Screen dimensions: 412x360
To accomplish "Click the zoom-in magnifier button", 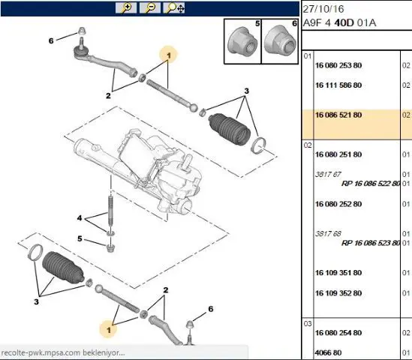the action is coord(126,8).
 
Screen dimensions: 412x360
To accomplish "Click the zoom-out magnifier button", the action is coord(150,8).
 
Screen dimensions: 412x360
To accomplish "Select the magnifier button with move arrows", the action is coord(174,8).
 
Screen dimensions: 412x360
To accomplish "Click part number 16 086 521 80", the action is coord(338,115).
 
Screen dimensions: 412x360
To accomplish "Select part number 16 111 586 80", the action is coord(338,85).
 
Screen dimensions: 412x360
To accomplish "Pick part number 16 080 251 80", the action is coord(338,154).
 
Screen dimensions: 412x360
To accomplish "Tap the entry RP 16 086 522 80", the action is coord(371,184).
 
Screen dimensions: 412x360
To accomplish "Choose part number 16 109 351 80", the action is coord(338,273).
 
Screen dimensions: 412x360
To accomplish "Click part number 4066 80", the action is coord(328,352).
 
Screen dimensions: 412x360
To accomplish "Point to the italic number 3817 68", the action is coord(328,234).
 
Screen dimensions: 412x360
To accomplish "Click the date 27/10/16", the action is coord(323,9).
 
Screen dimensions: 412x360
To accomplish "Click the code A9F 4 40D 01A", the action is coord(339,23).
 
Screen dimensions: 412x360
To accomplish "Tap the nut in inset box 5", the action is coord(242,43).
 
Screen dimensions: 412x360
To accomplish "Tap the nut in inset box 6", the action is coord(280,40).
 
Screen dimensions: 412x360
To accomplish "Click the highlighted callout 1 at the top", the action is coord(168,55).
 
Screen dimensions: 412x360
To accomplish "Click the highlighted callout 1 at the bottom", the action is coord(109,329).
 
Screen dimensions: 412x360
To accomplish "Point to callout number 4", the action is coord(80,218).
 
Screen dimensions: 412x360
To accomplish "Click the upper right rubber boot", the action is coord(230,129).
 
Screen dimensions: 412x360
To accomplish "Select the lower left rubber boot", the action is coord(63,268).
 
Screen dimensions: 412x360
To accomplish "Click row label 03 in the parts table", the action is coord(308,324).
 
